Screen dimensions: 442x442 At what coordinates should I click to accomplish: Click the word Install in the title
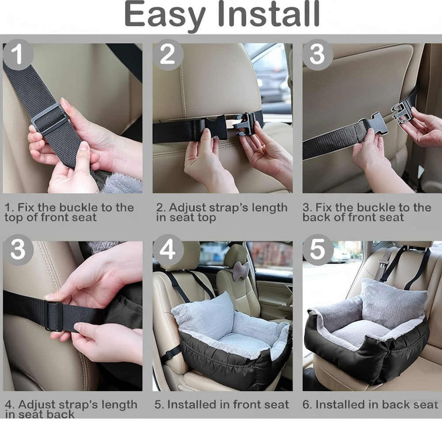pos(265,14)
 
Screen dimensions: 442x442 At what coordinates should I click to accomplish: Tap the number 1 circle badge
pos(18,55)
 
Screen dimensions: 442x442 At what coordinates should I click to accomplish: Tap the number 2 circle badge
pos(168,55)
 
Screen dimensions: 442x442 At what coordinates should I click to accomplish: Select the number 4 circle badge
pos(168,251)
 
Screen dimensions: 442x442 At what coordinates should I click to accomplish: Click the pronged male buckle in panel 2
pos(246,123)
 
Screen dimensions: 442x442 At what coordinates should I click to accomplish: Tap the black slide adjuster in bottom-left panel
pos(54,316)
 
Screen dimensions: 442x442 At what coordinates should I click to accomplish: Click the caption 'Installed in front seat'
pos(221,404)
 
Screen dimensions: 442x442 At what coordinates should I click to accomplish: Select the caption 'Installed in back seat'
pos(370,404)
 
